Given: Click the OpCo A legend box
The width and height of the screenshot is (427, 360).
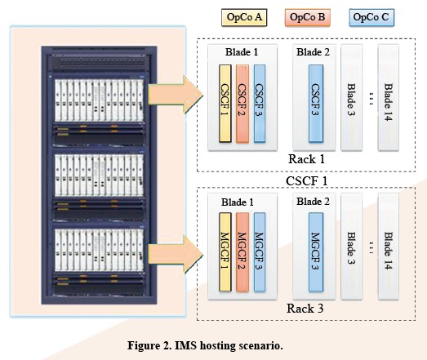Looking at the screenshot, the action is [x=244, y=18].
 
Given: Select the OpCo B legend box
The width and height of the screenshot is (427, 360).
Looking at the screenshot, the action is [x=308, y=18].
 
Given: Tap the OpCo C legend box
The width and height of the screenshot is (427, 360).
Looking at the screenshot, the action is [x=371, y=18].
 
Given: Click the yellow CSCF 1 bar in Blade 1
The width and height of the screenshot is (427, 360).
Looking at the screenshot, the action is [x=225, y=104].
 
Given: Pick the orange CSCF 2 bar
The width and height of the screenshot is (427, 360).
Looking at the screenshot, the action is [x=242, y=104].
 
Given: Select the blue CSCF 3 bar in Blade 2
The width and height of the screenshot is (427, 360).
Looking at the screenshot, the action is [x=316, y=104].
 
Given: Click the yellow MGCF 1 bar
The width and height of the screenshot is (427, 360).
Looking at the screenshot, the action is [x=225, y=252].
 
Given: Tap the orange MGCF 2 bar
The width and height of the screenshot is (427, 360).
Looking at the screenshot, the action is [x=242, y=252].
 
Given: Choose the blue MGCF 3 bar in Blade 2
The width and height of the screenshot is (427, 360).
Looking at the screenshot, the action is [x=316, y=252].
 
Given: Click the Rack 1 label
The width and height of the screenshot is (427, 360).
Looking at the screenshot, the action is [x=306, y=159].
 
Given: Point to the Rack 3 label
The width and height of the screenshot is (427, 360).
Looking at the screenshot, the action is [x=305, y=309].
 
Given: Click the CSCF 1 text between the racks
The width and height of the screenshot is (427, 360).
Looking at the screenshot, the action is [x=306, y=181].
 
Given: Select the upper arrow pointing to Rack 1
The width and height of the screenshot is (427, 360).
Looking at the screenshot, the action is [x=176, y=95].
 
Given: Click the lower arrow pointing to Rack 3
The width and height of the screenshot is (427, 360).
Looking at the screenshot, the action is [x=176, y=255].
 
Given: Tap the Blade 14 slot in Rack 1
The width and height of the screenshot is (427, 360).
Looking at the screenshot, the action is [x=389, y=97].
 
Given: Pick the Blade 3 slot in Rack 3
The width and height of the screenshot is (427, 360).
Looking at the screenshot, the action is [x=352, y=247].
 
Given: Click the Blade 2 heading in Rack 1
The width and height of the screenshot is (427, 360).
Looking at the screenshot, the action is [x=313, y=52].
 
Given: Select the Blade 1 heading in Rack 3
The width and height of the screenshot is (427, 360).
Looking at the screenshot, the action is [x=238, y=202].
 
